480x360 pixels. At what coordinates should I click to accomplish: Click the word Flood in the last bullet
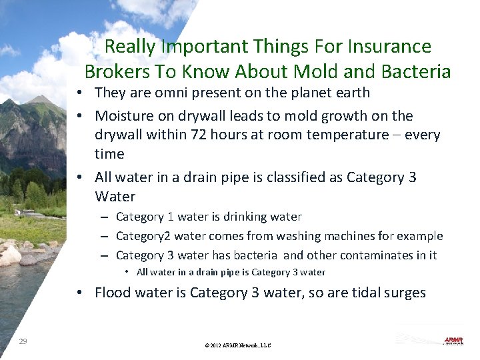[x=113, y=293]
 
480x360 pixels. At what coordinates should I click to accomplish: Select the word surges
[x=403, y=293]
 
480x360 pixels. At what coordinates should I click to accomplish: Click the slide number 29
[x=23, y=341]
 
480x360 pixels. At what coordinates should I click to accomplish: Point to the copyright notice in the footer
[x=239, y=345]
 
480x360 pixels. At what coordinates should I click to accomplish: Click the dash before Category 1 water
[x=105, y=217]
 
